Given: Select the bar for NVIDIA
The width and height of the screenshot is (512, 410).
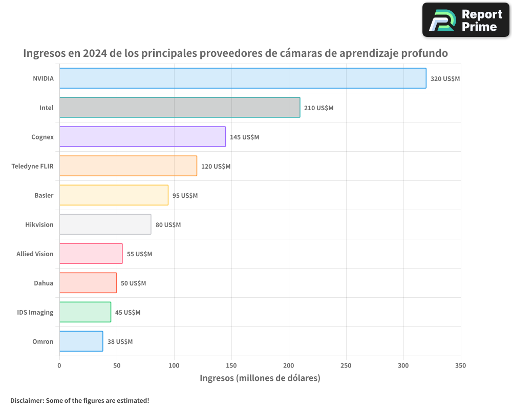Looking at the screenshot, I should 243,78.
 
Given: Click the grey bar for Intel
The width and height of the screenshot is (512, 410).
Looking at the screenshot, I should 180,108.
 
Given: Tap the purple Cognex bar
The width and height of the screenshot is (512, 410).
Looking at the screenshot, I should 142,137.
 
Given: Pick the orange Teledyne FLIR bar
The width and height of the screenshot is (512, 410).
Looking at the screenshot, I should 128,166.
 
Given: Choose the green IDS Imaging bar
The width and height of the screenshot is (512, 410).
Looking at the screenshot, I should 85,312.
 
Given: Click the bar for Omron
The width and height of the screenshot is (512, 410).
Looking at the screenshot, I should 81,341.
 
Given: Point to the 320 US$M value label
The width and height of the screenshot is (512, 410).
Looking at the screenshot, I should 445,79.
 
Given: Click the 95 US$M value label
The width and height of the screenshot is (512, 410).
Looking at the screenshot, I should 185,196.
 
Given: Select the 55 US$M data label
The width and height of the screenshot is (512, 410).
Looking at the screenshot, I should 139,254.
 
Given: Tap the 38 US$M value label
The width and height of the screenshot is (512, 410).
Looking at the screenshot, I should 120,342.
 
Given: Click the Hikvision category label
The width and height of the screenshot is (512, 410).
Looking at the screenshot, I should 39,224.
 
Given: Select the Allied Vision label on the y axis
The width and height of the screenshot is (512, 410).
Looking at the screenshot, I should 35,254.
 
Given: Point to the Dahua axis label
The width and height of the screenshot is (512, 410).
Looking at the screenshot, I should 44,283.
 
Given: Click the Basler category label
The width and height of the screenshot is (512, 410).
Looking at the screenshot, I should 44,195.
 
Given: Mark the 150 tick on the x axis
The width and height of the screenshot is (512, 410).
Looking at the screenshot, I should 231,365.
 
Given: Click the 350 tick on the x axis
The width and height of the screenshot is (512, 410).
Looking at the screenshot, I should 460,365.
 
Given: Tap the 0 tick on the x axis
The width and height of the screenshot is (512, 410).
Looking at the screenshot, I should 59,365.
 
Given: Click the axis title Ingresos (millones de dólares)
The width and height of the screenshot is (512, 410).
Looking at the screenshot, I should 260,378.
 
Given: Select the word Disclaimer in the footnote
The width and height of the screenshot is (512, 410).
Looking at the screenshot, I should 27,401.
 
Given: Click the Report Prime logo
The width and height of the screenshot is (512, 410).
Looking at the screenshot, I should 465,20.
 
